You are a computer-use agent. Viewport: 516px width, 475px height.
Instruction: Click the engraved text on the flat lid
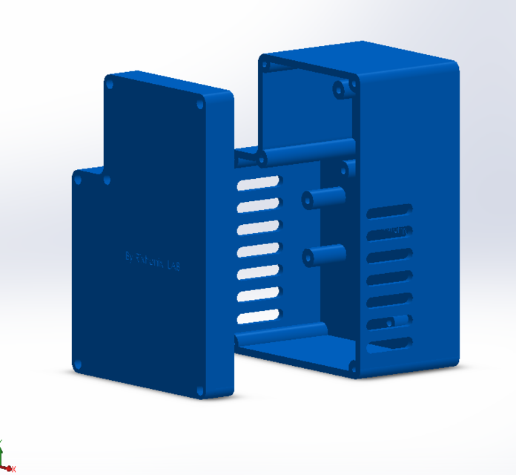point(153,260)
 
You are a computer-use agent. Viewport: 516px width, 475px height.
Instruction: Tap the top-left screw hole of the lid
point(110,85)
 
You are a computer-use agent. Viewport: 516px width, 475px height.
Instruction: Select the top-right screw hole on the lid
point(199,106)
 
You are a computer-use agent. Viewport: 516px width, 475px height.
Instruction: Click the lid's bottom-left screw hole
point(78,364)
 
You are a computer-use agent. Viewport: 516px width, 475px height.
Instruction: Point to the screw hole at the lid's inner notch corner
point(107,180)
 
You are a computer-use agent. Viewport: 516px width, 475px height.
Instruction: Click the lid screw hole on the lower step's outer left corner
point(77,179)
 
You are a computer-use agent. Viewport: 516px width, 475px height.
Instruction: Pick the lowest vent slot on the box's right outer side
point(391,344)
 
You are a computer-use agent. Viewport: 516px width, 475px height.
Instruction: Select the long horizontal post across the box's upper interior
point(305,152)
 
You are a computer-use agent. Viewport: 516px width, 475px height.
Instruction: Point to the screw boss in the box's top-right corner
point(342,91)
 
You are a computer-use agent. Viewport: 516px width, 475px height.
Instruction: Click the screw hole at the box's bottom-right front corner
point(351,366)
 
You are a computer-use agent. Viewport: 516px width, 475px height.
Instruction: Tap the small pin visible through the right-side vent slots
point(398,321)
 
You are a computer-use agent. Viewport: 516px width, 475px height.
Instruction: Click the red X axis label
point(13,468)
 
